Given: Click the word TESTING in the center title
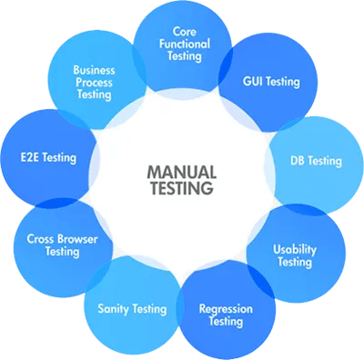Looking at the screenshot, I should coord(181,188).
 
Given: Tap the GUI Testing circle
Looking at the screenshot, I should coord(271,81).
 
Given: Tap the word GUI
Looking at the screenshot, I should coord(253,81).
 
